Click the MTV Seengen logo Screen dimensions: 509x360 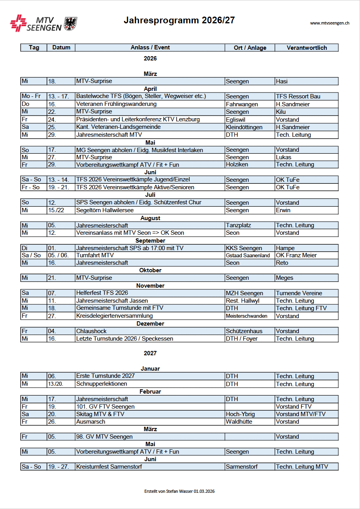pos(43,24)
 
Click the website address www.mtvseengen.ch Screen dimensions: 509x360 pos(330,23)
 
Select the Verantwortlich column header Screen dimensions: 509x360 pos(307,48)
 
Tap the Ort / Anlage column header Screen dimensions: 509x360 pos(250,48)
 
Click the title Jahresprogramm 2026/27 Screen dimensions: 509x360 pos(179,21)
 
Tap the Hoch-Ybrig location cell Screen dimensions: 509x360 pos(240,414)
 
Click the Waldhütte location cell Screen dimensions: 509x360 pos(239,422)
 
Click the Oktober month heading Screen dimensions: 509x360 pos(150,271)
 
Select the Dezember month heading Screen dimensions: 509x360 pos(150,324)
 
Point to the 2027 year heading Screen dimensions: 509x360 pos(150,353)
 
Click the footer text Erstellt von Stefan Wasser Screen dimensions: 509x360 pos(179,491)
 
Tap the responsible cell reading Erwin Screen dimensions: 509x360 pos(283,210)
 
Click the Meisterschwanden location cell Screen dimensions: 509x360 pos(247,316)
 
